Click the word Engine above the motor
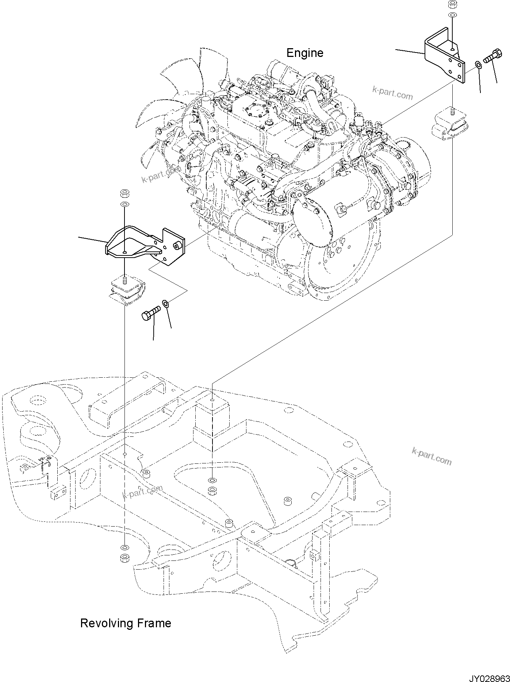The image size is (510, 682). point(304,53)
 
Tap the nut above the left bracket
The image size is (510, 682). point(124,193)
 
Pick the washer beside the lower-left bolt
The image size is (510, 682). point(165,303)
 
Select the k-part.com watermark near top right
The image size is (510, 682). point(392,93)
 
